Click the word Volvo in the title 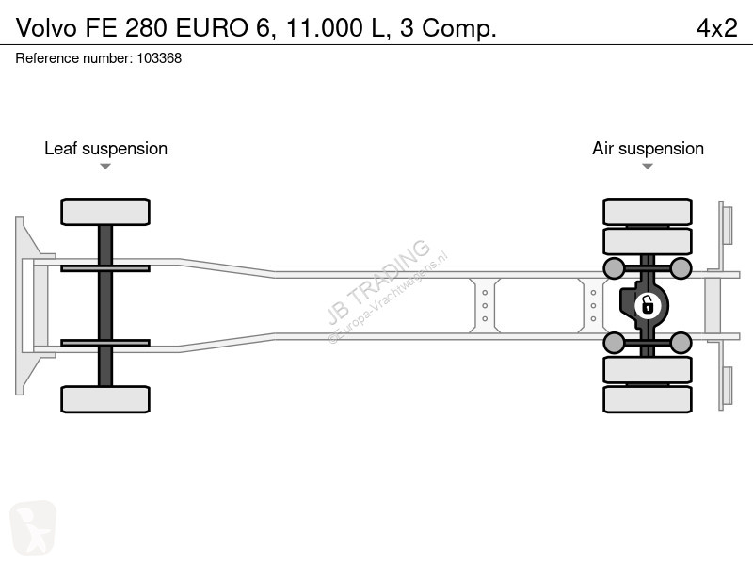pos(46,28)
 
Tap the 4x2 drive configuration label pos(716,28)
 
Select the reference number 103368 pos(159,58)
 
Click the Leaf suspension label pos(105,149)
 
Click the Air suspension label pos(648,149)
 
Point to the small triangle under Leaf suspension pos(105,167)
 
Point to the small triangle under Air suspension pos(648,167)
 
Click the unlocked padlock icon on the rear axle pos(648,305)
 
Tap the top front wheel pos(105,212)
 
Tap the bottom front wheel pos(105,399)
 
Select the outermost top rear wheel pos(648,212)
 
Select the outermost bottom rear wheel pos(648,399)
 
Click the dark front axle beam pos(105,305)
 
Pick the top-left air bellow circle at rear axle pos(614,268)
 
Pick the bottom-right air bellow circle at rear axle pos(681,343)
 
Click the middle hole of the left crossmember pos(485,305)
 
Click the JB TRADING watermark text pos(378,282)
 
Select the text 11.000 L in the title pos(336,28)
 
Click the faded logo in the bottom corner pos(33,527)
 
